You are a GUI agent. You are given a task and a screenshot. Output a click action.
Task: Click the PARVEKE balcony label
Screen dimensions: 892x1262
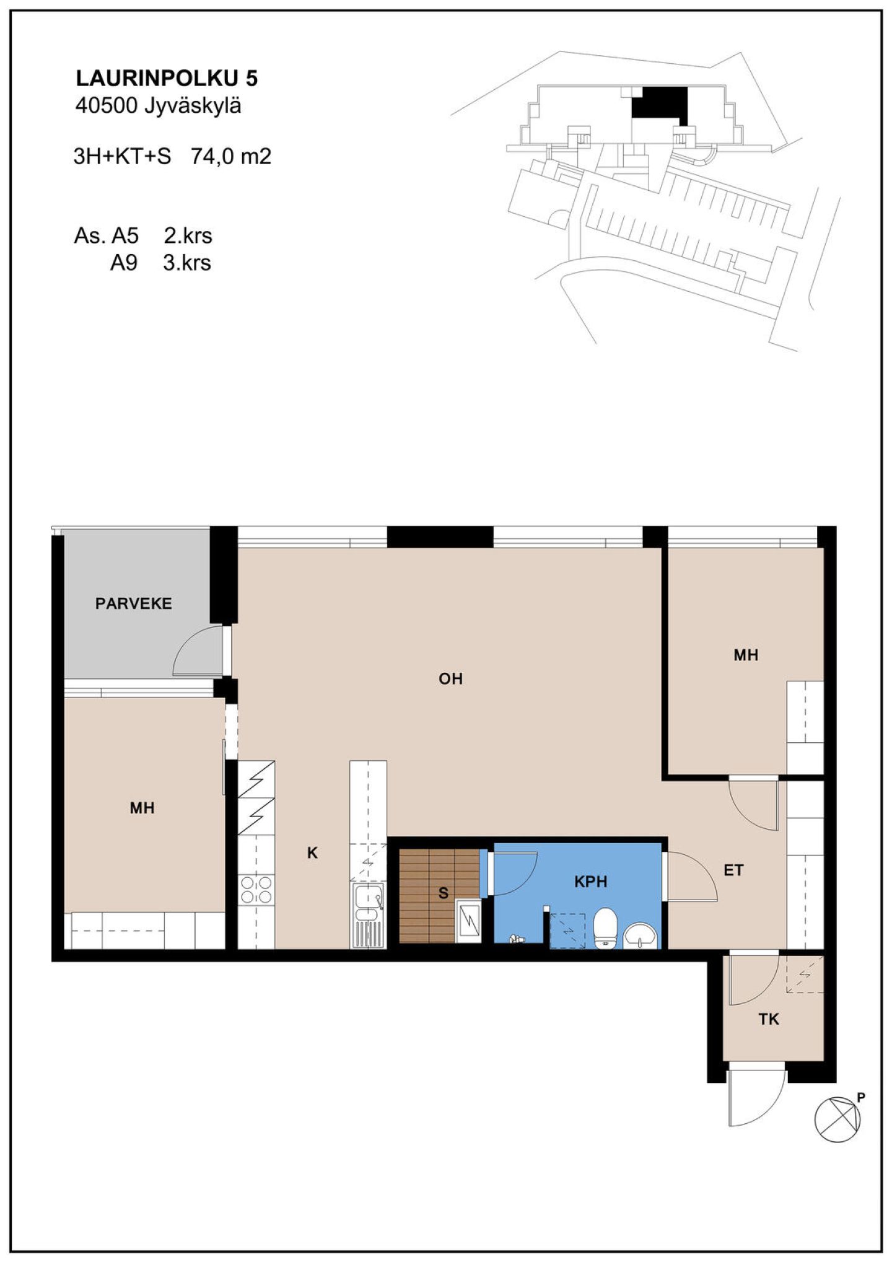[x=133, y=603]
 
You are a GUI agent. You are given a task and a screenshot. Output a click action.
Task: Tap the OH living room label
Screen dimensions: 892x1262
[x=450, y=679]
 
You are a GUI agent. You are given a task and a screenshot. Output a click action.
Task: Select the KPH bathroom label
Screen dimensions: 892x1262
[x=590, y=882]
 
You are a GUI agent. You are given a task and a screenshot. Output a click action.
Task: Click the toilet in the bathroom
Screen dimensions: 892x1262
[x=605, y=927]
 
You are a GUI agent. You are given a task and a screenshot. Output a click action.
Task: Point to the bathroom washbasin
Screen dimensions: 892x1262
[x=640, y=936]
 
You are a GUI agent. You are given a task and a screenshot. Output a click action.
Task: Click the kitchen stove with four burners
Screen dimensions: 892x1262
[x=256, y=890]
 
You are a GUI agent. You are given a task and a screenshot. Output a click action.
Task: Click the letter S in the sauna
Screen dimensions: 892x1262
[x=443, y=893]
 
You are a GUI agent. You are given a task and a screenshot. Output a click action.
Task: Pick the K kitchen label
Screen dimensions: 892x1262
[x=312, y=853]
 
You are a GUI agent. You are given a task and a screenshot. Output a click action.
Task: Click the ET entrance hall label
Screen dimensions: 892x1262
[x=733, y=870]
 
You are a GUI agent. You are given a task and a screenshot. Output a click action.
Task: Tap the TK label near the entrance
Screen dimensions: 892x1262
[x=768, y=1019]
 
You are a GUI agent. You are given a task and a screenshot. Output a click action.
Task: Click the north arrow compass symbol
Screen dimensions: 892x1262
[x=837, y=1119]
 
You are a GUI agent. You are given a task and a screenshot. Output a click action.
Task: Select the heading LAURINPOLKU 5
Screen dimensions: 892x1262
[x=167, y=78]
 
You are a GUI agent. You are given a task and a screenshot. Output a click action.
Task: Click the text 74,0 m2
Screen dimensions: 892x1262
[x=231, y=156]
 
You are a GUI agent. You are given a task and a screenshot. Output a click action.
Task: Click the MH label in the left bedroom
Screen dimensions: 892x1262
[x=142, y=808]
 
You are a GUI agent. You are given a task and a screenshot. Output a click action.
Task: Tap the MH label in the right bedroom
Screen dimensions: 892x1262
[x=746, y=655]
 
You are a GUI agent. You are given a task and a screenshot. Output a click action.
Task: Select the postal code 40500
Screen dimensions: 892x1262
[x=106, y=106]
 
